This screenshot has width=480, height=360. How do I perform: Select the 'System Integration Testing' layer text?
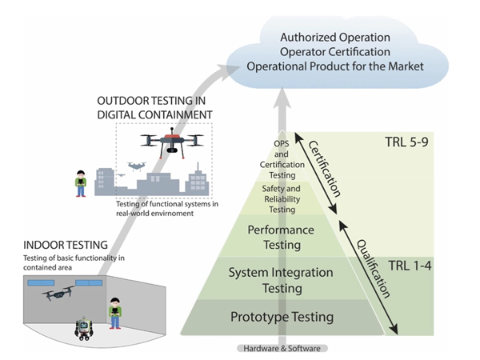pyautogui.click(x=280, y=279)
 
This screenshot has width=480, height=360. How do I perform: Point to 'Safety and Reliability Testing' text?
pyautogui.click(x=280, y=198)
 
